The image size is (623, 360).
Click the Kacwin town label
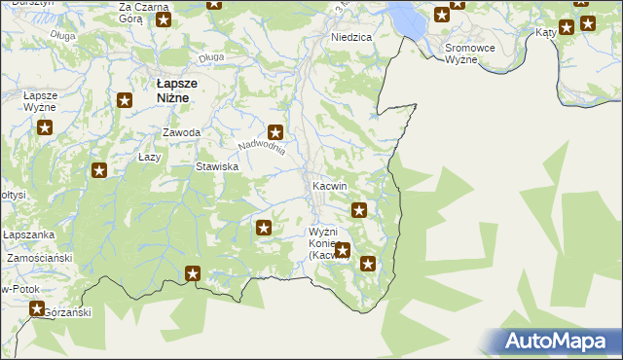click(329, 185)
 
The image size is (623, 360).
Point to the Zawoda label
click(182, 132)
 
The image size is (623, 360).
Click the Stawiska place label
click(217, 166)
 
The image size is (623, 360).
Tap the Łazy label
click(149, 157)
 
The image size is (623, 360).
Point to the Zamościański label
click(40, 259)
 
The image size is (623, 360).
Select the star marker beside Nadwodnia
click(275, 131)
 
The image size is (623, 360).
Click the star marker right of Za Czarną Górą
click(163, 19)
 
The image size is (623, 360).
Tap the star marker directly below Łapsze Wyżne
click(44, 126)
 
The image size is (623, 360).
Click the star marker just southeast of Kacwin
click(359, 209)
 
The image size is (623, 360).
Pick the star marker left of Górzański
click(37, 309)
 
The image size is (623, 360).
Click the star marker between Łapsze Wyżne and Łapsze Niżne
click(125, 99)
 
